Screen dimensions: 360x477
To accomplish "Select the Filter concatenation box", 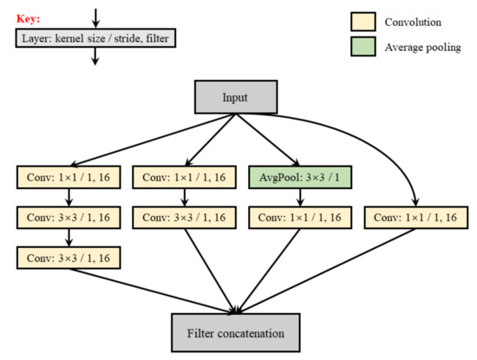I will coord(237,332).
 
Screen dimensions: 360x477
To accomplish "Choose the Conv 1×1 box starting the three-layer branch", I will coord(68,179).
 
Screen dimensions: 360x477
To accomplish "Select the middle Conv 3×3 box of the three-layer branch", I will coord(68,217).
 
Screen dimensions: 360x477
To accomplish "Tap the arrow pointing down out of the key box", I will coord(95,56).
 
